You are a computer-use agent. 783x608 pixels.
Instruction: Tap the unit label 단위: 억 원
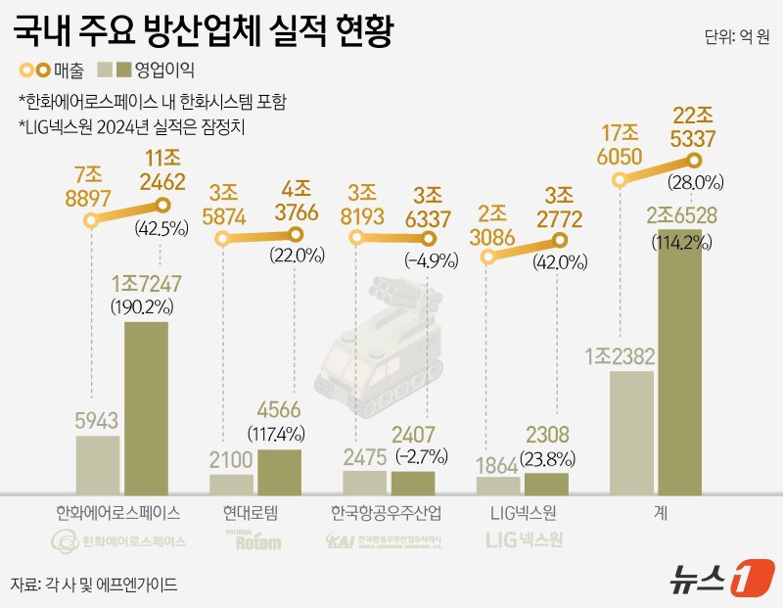coord(735,38)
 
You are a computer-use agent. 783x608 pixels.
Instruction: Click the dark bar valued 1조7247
coord(146,406)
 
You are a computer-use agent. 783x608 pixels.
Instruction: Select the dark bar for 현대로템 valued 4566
coord(279,470)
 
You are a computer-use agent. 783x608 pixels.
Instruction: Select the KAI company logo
coord(388,539)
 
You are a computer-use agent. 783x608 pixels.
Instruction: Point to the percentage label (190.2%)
coord(147,305)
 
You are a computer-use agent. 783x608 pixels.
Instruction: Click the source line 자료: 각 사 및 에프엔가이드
coord(94,585)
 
